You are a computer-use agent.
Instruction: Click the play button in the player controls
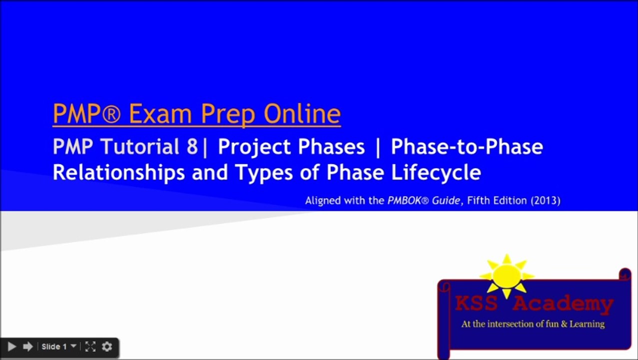(12, 346)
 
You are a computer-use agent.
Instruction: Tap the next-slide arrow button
(28, 346)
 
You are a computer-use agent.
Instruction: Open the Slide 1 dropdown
(59, 346)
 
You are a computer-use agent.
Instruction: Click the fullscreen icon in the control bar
(90, 346)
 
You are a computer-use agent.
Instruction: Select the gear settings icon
(106, 346)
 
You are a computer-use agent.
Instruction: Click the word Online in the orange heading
(302, 114)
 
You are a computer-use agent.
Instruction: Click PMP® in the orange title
(86, 114)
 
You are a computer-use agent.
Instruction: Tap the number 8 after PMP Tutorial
(191, 147)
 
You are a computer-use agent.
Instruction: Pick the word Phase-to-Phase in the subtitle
(467, 147)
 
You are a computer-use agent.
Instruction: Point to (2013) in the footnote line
(546, 201)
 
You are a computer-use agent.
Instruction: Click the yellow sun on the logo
(507, 276)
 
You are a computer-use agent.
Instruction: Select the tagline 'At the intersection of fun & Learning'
(533, 324)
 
